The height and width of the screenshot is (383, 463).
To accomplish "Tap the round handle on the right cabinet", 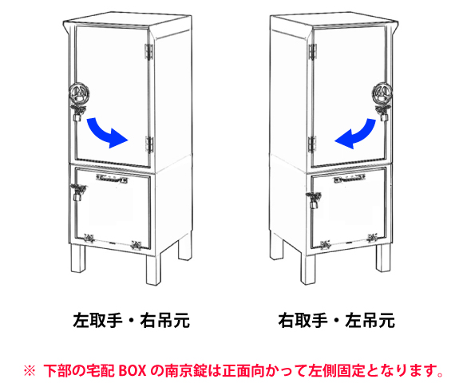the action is [x=382, y=93].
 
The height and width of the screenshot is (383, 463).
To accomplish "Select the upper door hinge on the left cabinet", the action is [x=148, y=52].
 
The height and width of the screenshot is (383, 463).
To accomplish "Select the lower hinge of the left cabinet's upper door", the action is [x=150, y=144].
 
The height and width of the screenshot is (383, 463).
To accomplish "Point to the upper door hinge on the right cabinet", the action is [x=312, y=52].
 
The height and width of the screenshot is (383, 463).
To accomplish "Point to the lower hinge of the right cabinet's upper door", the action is [x=312, y=144].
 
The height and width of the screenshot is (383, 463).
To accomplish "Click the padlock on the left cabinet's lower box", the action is [x=77, y=196].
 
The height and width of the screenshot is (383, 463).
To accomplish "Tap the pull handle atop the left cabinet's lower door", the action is [x=112, y=179].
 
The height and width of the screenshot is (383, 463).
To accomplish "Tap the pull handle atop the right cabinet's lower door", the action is [x=350, y=179].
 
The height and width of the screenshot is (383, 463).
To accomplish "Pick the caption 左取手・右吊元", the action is [x=132, y=320].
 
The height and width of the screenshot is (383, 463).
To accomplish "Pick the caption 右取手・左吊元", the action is [x=337, y=320].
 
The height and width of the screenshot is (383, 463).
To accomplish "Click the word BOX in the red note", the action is [x=133, y=370].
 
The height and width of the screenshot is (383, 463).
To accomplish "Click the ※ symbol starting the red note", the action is [x=30, y=370].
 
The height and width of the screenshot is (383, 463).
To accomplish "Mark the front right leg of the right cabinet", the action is [x=383, y=258].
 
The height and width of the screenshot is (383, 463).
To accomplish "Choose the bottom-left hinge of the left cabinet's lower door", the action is [x=89, y=238].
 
